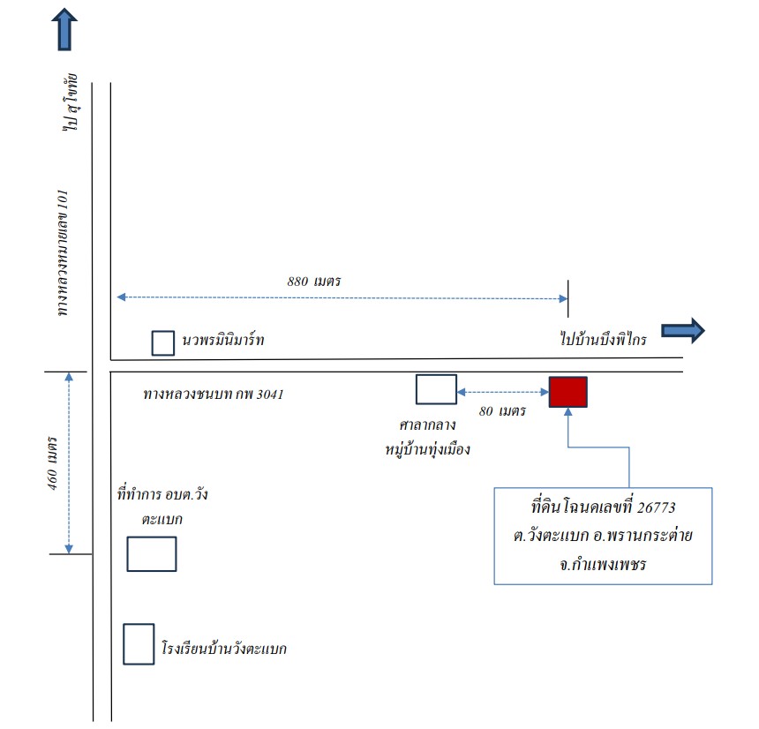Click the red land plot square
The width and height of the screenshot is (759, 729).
(x=567, y=392)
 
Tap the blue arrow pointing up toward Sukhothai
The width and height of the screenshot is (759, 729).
(x=64, y=29)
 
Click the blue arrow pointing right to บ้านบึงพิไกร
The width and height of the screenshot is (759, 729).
(x=683, y=331)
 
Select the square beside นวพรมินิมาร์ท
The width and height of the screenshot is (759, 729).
(x=163, y=343)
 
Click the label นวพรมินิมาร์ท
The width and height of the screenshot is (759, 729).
(x=223, y=339)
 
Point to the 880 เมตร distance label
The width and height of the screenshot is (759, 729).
(x=314, y=282)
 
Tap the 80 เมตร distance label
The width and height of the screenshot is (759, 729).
(x=502, y=411)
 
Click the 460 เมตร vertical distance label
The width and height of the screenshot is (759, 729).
(x=53, y=463)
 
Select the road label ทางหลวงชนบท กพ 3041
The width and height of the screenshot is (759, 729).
(x=214, y=394)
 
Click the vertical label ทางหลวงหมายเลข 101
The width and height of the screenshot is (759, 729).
(x=63, y=253)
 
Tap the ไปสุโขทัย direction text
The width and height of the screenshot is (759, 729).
(x=71, y=102)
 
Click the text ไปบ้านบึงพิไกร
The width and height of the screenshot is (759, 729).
(x=603, y=338)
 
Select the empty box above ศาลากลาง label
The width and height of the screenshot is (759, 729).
(x=436, y=389)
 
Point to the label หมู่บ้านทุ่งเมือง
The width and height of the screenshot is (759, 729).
(x=427, y=449)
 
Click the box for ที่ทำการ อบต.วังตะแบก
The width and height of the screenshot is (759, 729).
(x=152, y=553)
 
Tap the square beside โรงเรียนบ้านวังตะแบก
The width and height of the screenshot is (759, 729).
(x=139, y=643)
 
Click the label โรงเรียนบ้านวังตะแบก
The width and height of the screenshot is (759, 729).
(x=224, y=648)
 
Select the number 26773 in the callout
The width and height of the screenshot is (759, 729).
(x=656, y=507)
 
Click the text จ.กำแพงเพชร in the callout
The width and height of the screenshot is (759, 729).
(x=603, y=564)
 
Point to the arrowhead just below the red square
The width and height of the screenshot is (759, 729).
(x=567, y=412)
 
